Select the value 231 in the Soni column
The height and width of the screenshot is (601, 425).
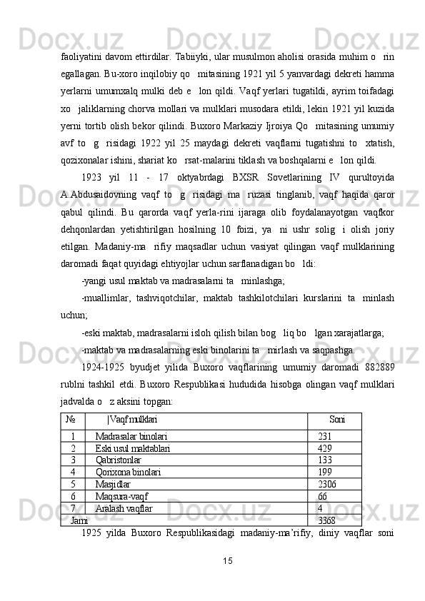[x=325, y=436]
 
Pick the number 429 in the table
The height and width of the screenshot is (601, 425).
[x=325, y=448]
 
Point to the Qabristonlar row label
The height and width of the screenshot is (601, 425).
[x=118, y=460]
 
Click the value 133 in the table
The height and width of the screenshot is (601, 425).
[x=325, y=460]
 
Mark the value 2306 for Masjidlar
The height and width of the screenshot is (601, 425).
[x=327, y=484]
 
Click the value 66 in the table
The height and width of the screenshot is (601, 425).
[x=323, y=496]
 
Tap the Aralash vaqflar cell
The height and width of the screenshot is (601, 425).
[x=124, y=507]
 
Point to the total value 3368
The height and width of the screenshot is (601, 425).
[x=327, y=520]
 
